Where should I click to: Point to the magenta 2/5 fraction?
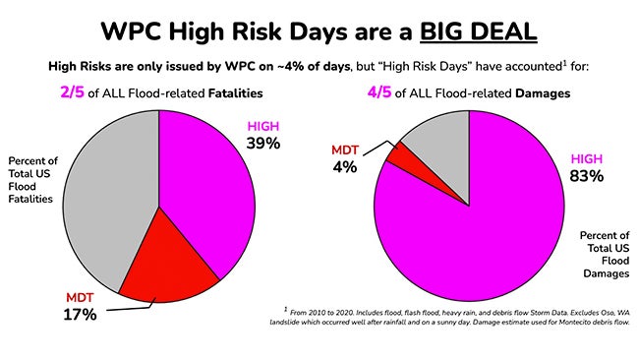pyautogui.click(x=105, y=94)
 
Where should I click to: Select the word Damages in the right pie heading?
pyautogui.click(x=552, y=95)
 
